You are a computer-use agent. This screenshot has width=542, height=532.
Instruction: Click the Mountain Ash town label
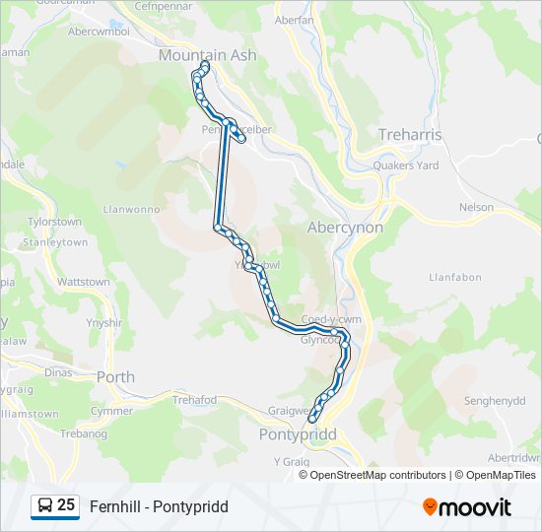pyautogui.click(x=207, y=56)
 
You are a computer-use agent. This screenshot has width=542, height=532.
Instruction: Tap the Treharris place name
pyautogui.click(x=410, y=135)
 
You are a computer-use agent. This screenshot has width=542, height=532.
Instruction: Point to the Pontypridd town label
pyautogui.click(x=297, y=434)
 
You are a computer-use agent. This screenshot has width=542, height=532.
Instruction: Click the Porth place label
pyautogui.click(x=115, y=376)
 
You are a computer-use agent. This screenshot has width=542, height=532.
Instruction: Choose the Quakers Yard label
pyautogui.click(x=405, y=166)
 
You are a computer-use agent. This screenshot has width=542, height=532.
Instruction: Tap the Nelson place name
pyautogui.click(x=476, y=208)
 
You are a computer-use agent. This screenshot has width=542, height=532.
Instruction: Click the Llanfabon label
pyautogui.click(x=454, y=278)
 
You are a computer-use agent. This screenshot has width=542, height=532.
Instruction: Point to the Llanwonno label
pyautogui.click(x=131, y=209)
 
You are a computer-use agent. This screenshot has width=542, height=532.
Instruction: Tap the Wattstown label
pyautogui.click(x=84, y=282)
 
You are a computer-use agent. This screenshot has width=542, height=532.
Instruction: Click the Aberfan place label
pyautogui.click(x=294, y=20)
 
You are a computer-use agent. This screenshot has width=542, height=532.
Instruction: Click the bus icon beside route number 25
pyautogui.click(x=44, y=506)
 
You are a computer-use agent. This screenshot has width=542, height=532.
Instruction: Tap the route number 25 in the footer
pyautogui.click(x=66, y=505)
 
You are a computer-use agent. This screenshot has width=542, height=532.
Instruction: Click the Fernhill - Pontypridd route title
pyautogui.click(x=159, y=506)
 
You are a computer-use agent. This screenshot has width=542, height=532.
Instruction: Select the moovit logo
pyautogui.click(x=467, y=506)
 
